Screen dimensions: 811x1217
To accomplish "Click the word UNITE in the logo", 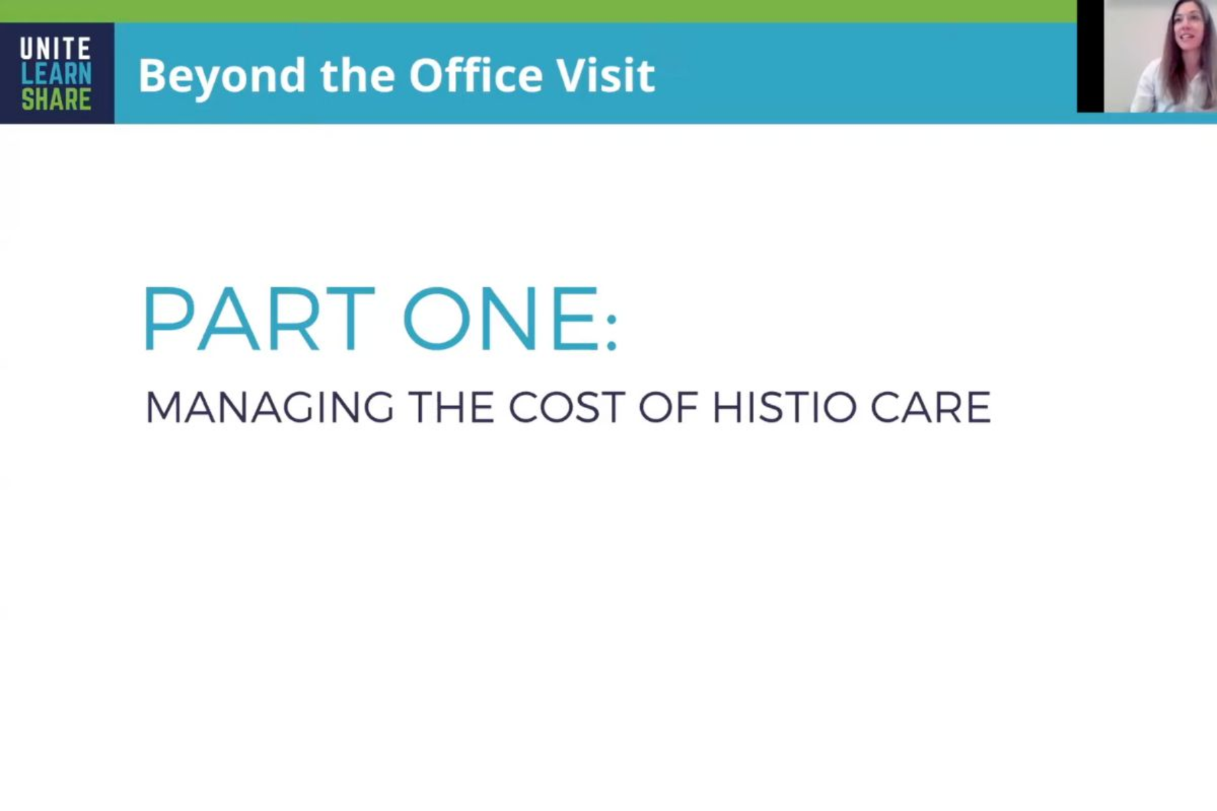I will pyautogui.click(x=55, y=49).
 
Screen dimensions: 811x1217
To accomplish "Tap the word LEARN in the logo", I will pyautogui.click(x=56, y=74).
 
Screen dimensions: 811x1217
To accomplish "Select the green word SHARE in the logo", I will pyautogui.click(x=56, y=99).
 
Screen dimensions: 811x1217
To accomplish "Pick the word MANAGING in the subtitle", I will pyautogui.click(x=269, y=408).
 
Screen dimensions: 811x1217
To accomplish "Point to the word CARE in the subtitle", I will pyautogui.click(x=930, y=408).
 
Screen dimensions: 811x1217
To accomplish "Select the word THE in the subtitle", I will pyautogui.click(x=451, y=408).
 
